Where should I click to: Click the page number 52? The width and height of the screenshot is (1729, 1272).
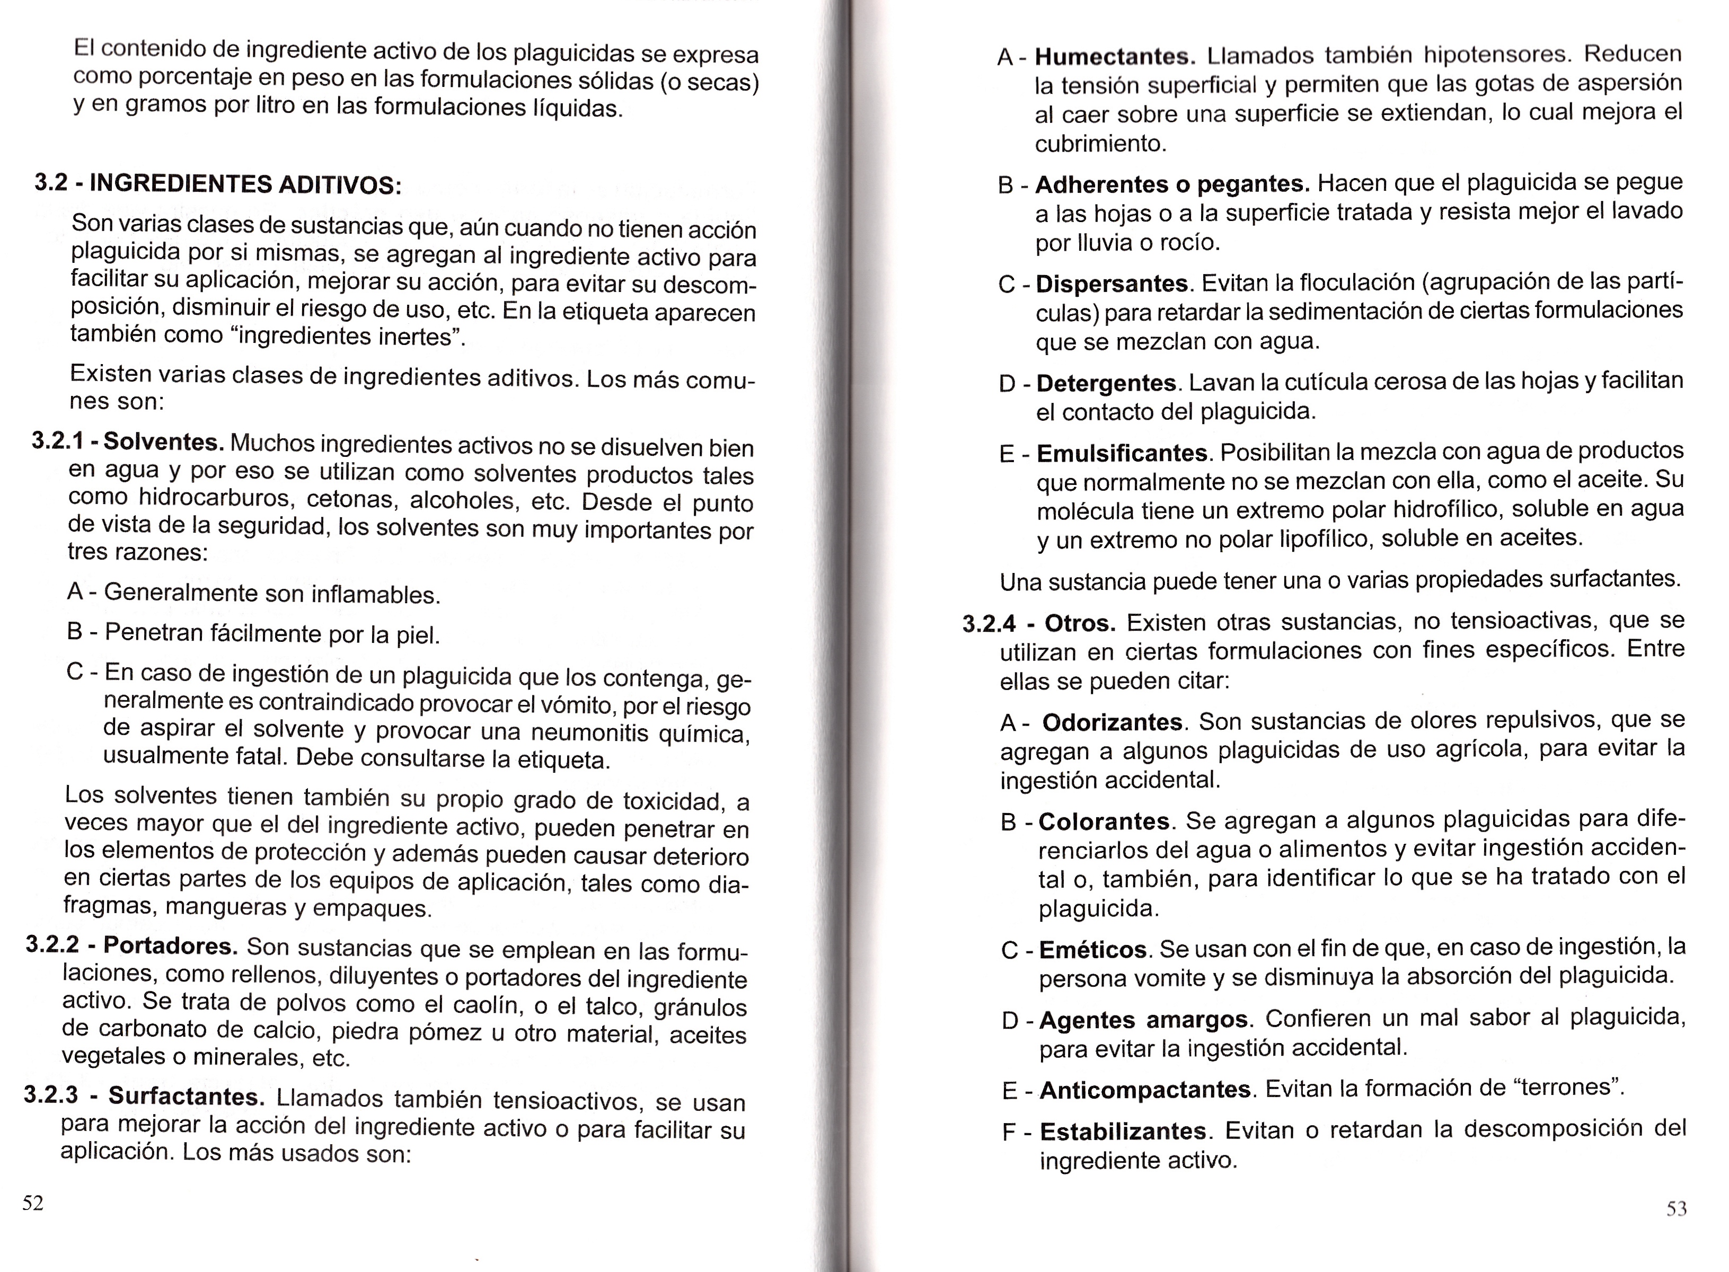(x=33, y=1203)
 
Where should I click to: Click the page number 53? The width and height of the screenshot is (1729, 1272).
(x=1677, y=1209)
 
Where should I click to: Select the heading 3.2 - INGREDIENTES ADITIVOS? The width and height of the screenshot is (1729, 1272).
(x=218, y=184)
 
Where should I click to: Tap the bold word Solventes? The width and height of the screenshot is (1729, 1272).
(x=163, y=442)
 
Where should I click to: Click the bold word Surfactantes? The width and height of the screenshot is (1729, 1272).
(x=186, y=1096)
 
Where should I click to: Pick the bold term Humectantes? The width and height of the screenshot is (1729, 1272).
(x=1115, y=56)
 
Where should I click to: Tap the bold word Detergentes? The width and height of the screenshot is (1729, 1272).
(x=1106, y=383)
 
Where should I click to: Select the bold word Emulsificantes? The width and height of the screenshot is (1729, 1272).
(x=1122, y=453)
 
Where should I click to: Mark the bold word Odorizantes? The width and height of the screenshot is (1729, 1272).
(x=1113, y=722)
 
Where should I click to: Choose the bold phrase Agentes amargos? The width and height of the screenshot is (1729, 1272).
(x=1144, y=1020)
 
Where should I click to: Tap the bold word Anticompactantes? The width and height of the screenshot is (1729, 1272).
(x=1145, y=1090)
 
